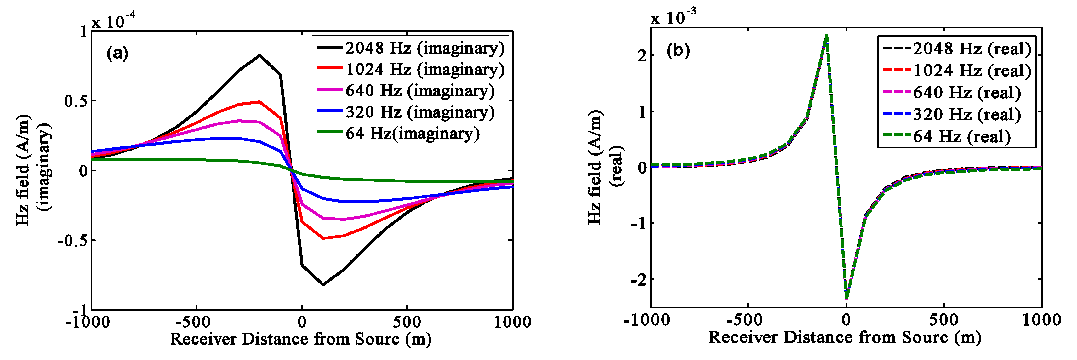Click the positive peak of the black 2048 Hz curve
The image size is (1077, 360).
pos(259,55)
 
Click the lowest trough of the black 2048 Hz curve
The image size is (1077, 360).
pos(323,285)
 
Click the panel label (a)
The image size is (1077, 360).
pos(117,53)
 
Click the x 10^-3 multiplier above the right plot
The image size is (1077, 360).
pos(674,18)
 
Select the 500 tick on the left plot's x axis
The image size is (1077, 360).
pos(407,322)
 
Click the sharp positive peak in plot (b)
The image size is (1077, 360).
pos(827,36)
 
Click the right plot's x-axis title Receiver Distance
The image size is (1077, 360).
pos(844,337)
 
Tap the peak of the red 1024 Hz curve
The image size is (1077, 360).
pos(259,102)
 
